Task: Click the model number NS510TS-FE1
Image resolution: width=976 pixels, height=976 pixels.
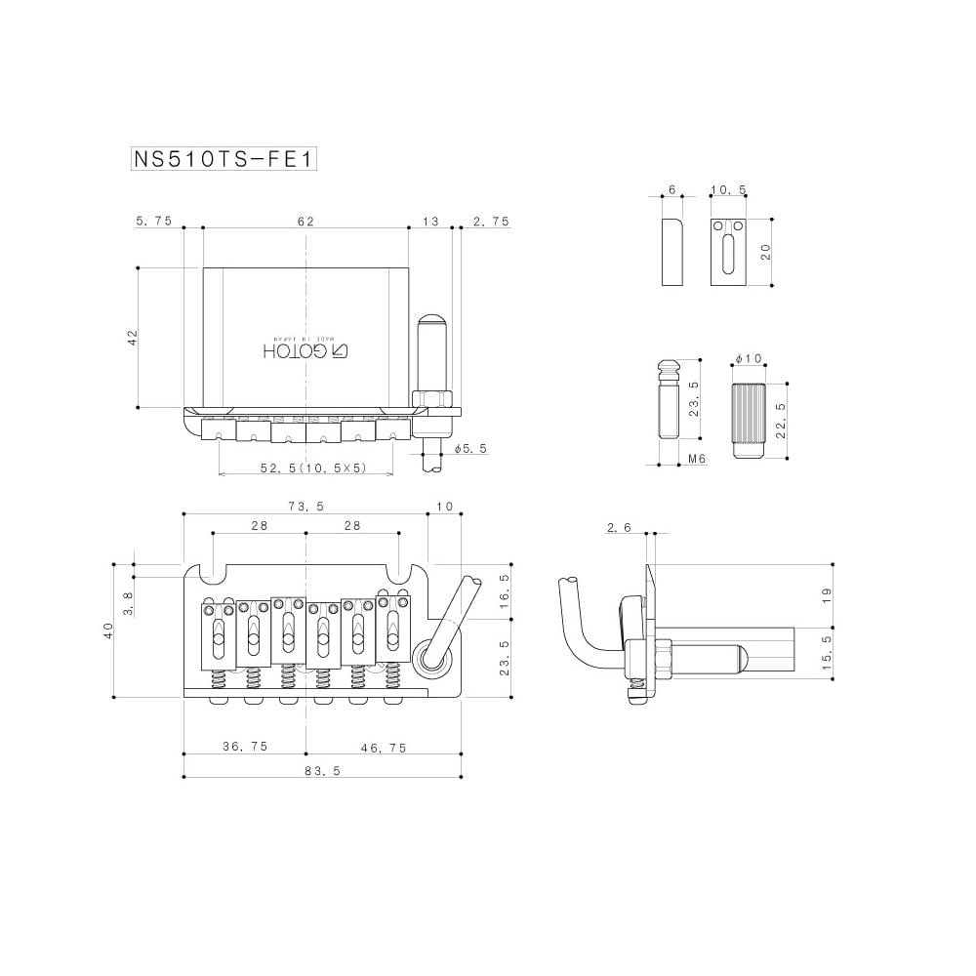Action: click(x=224, y=159)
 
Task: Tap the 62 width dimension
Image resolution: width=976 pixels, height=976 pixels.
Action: click(x=305, y=221)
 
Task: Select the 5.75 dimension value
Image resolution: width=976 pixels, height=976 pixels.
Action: click(x=153, y=221)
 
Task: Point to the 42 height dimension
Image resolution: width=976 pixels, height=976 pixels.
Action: click(x=132, y=338)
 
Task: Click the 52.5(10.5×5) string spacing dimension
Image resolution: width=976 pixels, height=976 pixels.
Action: click(x=313, y=468)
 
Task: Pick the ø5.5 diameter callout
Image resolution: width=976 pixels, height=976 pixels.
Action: click(x=470, y=448)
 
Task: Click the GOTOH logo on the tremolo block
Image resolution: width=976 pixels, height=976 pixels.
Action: click(x=305, y=351)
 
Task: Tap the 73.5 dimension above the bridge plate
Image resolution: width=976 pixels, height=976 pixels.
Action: click(x=306, y=507)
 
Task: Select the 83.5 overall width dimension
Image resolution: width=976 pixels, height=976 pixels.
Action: click(x=322, y=771)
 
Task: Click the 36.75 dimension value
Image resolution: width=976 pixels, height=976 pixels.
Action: click(x=245, y=747)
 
